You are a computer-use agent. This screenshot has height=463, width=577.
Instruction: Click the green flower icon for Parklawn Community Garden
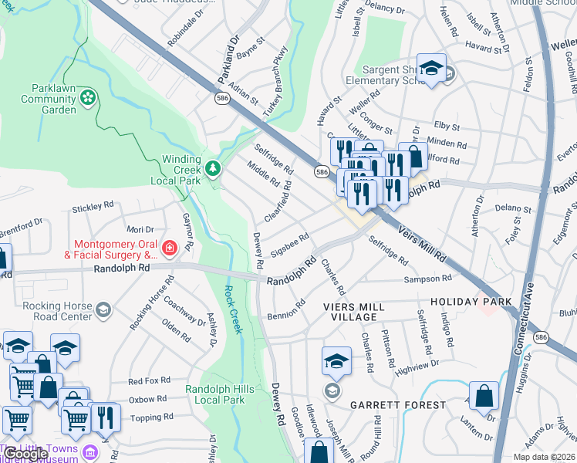tap(88, 97)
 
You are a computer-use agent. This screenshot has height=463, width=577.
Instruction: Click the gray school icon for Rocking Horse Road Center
tap(104, 310)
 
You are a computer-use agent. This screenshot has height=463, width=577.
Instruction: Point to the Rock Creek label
tap(232, 309)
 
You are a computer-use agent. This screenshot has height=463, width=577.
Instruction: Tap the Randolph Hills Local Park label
tap(215, 394)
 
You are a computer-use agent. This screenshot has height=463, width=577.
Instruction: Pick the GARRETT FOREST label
tap(397, 405)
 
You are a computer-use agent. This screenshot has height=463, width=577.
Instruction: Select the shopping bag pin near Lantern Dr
tap(483, 396)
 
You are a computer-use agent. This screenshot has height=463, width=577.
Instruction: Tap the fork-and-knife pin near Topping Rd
tap(105, 417)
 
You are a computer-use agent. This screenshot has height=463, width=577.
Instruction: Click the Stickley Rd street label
tap(93, 208)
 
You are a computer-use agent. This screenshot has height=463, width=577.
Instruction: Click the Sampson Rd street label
tap(425, 279)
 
